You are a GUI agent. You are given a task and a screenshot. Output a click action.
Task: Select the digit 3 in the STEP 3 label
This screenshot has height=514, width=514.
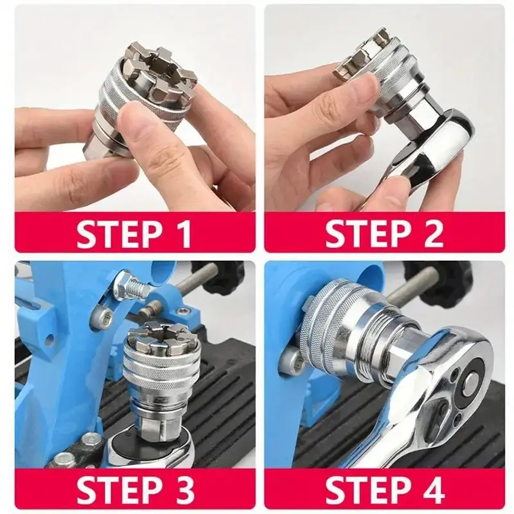click(x=183, y=488)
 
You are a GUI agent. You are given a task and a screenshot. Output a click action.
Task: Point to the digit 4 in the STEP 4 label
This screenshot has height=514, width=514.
click(x=432, y=488)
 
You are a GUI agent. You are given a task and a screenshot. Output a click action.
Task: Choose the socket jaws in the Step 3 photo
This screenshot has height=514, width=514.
click(x=163, y=335)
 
